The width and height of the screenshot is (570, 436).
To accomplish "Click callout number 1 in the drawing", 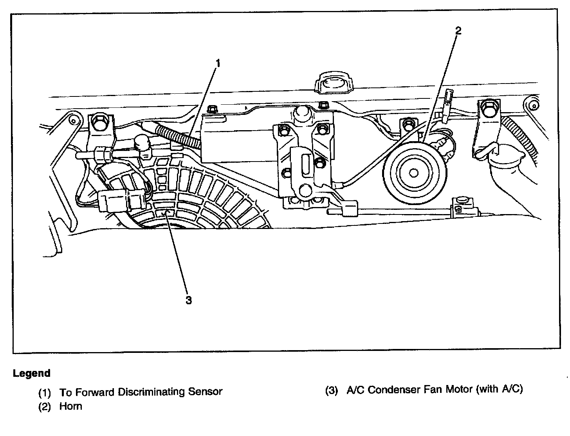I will tap(218, 63).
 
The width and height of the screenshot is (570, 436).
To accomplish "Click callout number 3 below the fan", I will tap(188, 300).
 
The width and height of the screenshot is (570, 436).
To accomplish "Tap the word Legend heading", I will tap(32, 373).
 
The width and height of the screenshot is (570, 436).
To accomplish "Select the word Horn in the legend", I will tap(71, 406).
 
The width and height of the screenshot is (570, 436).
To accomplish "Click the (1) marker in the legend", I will tap(45, 392).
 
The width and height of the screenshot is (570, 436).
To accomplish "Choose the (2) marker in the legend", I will tap(45, 407).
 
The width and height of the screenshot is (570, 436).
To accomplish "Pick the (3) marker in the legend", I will tap(332, 390).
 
